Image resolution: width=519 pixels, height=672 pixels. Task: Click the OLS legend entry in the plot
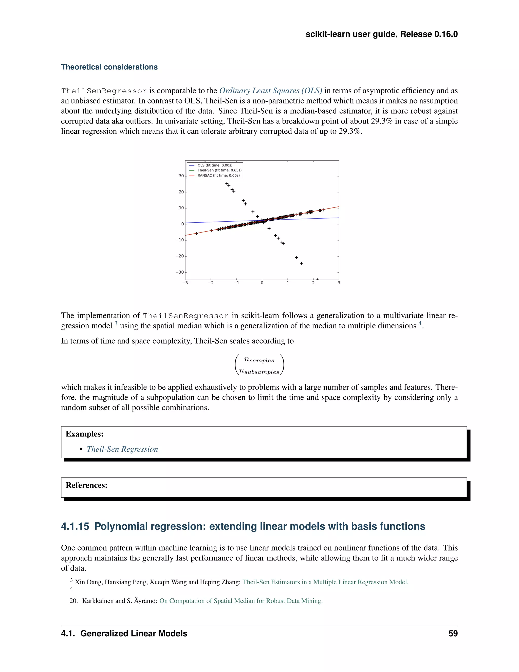(215, 165)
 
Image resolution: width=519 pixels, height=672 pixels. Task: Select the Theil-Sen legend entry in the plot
(219, 170)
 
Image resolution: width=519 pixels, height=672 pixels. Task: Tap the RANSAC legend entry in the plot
(218, 175)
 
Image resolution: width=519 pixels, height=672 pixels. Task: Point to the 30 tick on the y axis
(181, 176)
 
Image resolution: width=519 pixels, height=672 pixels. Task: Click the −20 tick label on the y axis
(180, 256)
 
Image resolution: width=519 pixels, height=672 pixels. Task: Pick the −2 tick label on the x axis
(211, 283)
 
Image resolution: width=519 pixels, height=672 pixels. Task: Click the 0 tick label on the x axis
(262, 283)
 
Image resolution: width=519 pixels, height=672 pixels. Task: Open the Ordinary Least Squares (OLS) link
(271, 91)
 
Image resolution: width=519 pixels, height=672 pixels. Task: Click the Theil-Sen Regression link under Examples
(122, 449)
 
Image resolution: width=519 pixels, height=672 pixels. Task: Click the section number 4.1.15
(75, 526)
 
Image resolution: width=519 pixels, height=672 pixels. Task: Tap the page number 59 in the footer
(453, 633)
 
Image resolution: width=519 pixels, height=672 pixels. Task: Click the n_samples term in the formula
(259, 359)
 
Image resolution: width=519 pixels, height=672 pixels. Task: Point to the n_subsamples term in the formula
(259, 372)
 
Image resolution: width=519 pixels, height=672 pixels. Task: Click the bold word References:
(86, 485)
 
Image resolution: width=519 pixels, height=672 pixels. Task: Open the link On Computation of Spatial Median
(241, 601)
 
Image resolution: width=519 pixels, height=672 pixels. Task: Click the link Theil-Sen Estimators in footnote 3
(325, 582)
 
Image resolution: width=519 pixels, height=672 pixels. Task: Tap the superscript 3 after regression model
(116, 323)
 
